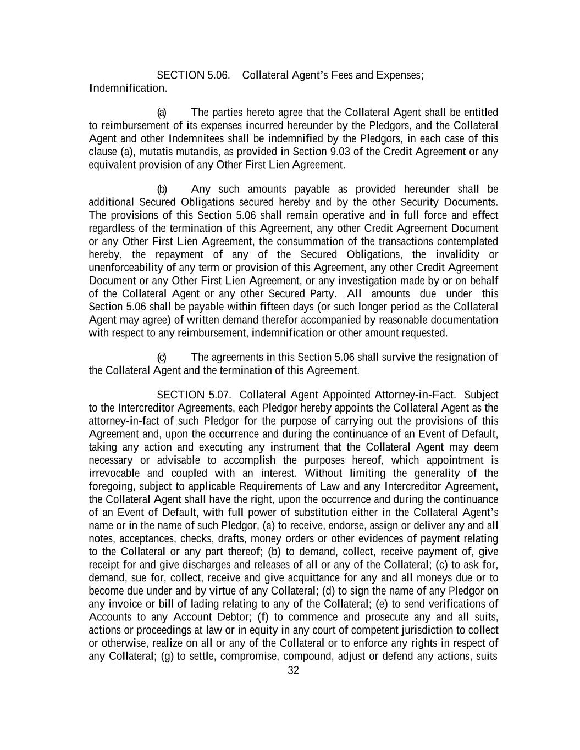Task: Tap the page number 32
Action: click(x=293, y=670)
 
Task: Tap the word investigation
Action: click(x=367, y=281)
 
